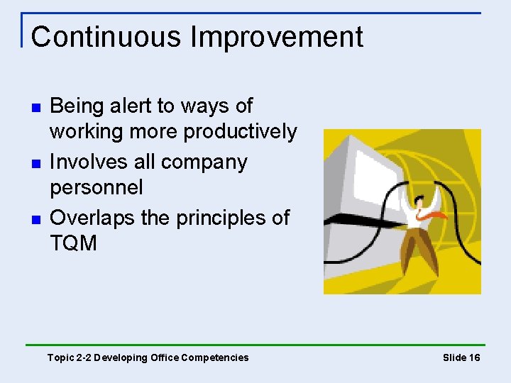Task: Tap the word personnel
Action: (96, 188)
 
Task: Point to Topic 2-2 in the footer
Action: (69, 357)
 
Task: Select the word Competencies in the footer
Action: (215, 357)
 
